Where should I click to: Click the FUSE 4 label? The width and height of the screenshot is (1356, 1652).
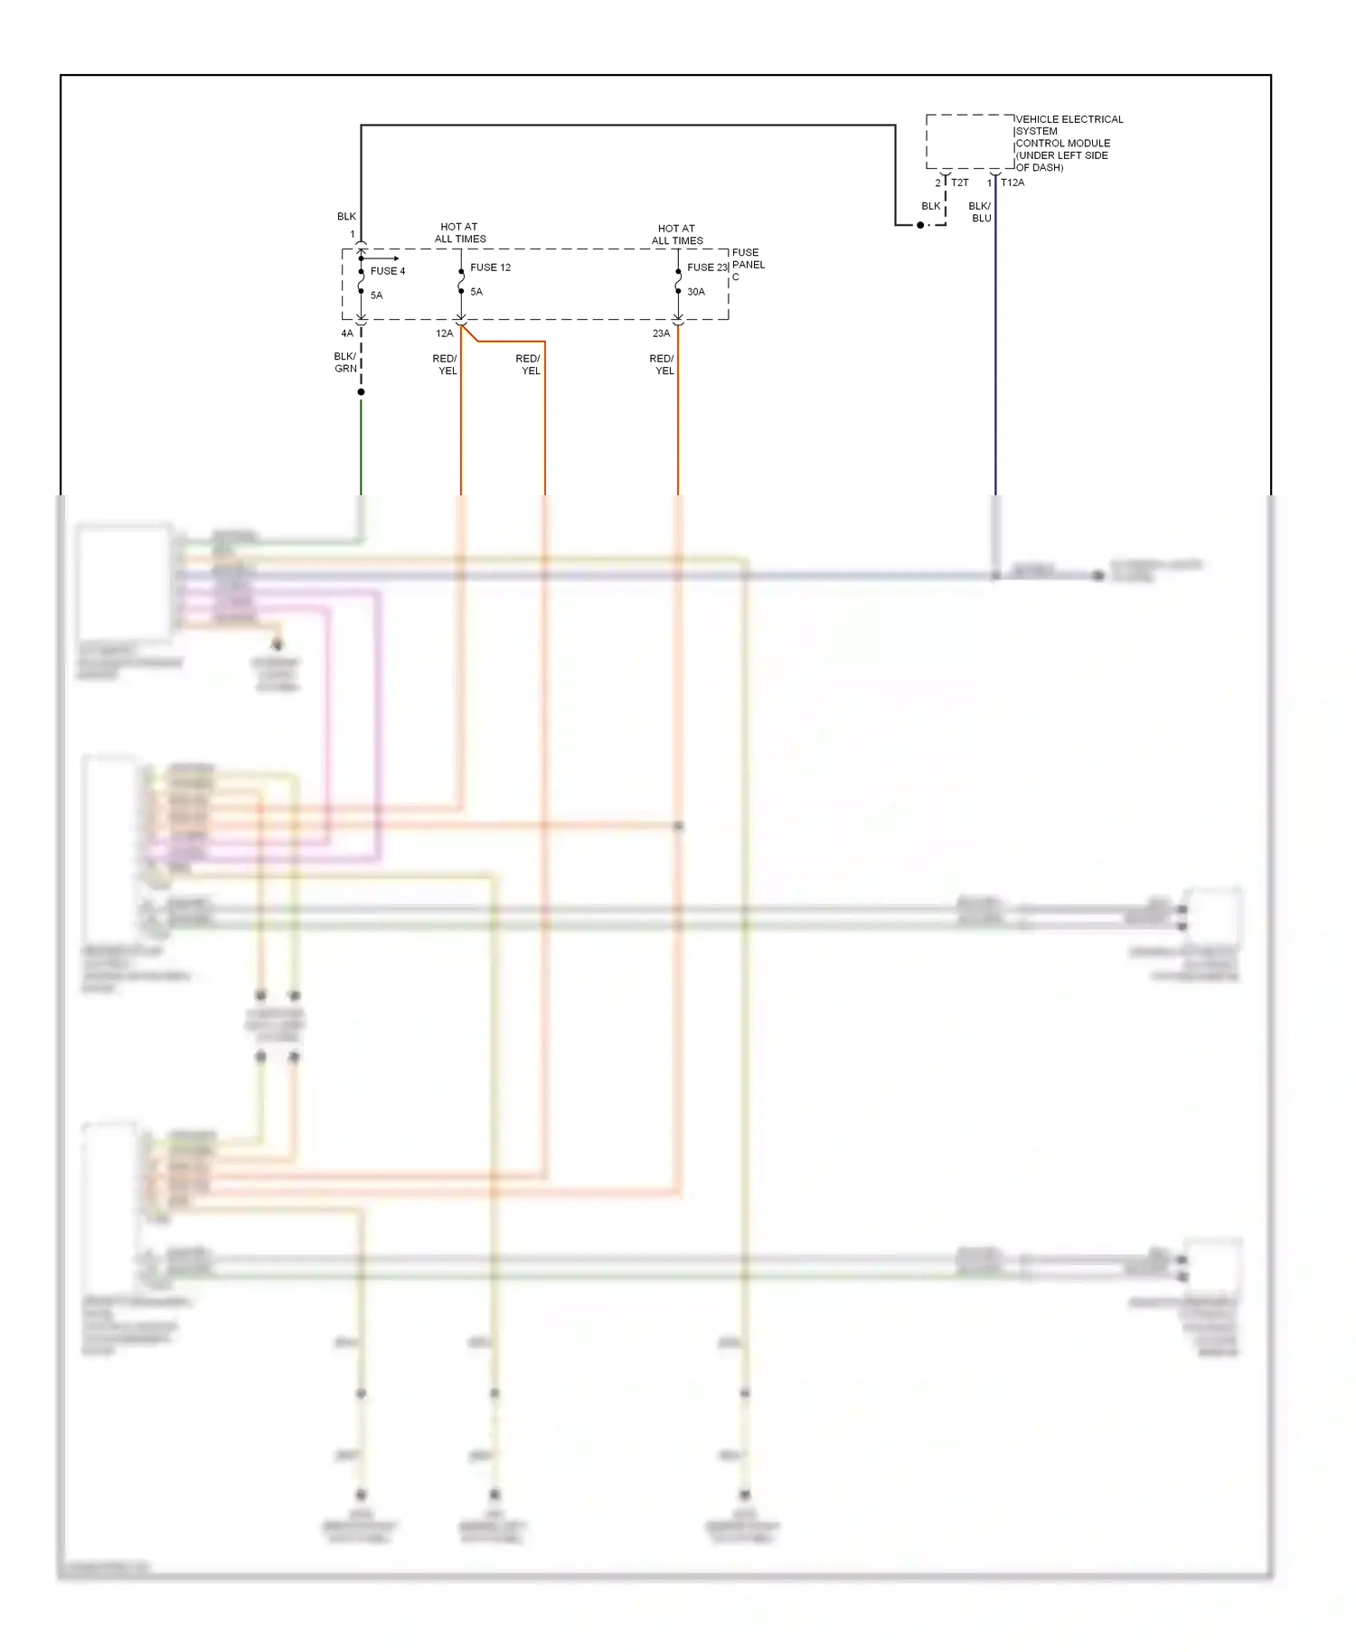tap(387, 271)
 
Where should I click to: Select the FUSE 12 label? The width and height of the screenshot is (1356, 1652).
tap(490, 268)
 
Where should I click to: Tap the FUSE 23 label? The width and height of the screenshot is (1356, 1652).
tap(706, 268)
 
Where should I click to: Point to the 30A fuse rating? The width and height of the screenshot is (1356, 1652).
tap(695, 292)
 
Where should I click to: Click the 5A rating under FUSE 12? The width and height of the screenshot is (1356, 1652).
tap(476, 292)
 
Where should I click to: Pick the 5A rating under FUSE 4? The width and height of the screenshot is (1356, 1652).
tap(376, 296)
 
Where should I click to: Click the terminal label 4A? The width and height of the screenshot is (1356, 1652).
tap(347, 333)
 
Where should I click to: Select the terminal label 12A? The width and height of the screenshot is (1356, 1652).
tap(444, 333)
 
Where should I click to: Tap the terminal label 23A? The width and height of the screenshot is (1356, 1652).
tap(661, 333)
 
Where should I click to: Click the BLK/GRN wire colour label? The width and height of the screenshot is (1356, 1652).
tap(345, 362)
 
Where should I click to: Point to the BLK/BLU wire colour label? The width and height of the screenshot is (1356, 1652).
tap(980, 212)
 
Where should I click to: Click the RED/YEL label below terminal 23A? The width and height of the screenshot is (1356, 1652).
tap(663, 365)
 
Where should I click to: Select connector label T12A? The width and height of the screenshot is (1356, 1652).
tap(1012, 183)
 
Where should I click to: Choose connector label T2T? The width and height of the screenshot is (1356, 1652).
tap(959, 183)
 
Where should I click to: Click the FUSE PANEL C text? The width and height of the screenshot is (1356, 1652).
tap(747, 264)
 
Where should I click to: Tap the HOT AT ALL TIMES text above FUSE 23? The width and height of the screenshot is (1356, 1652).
tap(677, 235)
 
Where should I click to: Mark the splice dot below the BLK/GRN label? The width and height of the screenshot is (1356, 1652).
tap(361, 392)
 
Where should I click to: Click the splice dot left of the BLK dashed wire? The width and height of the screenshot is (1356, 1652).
tap(920, 225)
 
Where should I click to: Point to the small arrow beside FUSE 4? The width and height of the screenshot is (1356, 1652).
tap(384, 258)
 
